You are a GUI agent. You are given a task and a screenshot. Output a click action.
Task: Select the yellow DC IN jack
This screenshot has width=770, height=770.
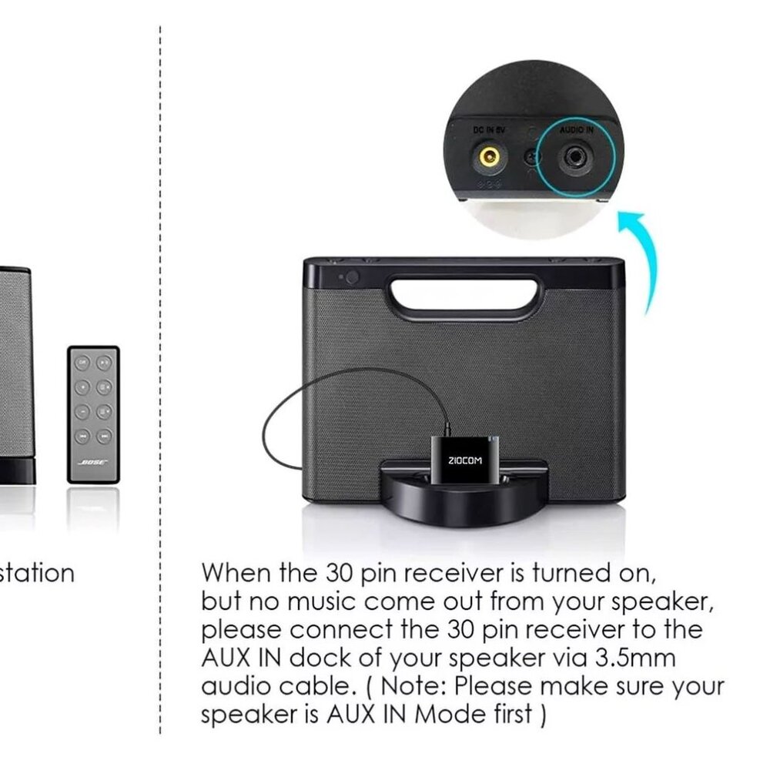pyautogui.click(x=487, y=158)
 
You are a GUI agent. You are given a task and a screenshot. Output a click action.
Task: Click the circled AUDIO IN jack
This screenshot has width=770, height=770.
pyautogui.click(x=575, y=157)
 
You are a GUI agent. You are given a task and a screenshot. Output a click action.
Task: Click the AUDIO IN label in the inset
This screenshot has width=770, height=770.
pyautogui.click(x=576, y=132)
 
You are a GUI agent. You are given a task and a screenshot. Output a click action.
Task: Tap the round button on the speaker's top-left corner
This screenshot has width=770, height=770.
pyautogui.click(x=352, y=276)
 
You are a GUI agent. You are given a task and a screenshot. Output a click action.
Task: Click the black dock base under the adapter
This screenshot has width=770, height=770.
pyautogui.click(x=461, y=504)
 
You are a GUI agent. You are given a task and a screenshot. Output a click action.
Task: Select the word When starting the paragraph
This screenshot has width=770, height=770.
pyautogui.click(x=237, y=574)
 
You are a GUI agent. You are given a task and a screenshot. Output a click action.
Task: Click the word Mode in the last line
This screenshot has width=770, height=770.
pyautogui.click(x=447, y=714)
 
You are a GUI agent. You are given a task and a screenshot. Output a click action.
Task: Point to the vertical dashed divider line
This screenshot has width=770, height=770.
pyautogui.click(x=159, y=385)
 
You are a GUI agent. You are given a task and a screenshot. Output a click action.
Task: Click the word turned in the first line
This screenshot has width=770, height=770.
pyautogui.click(x=569, y=574)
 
